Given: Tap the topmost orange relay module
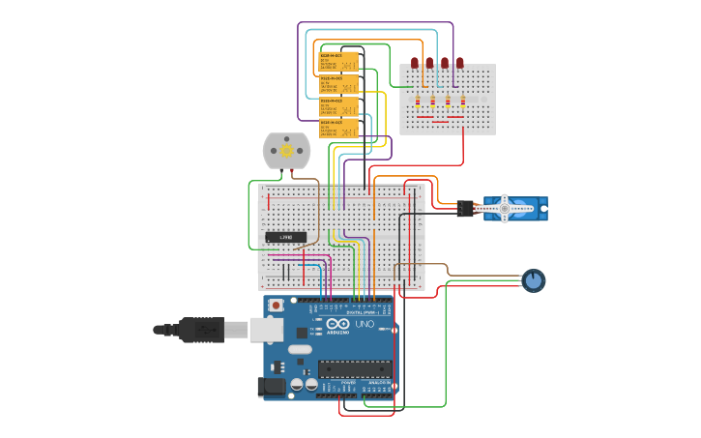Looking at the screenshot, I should (338, 63).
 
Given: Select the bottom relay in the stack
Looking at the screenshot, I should (338, 128).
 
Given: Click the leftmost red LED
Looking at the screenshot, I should (415, 63).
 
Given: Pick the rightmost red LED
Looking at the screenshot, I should (460, 63).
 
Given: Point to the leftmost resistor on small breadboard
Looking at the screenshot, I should (418, 100).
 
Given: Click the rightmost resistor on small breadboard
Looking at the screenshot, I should (462, 100).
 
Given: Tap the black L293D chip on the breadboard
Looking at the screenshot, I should (286, 237).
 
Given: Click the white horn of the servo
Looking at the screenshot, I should (505, 208).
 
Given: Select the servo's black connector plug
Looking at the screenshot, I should (465, 208).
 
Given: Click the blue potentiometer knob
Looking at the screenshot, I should (533, 281).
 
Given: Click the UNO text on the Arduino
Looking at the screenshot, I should (365, 324).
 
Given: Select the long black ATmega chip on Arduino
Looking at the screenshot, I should (355, 368).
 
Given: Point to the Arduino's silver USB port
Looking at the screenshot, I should (266, 330).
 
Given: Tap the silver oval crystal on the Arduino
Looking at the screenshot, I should (300, 349).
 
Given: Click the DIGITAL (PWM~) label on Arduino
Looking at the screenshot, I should (362, 312).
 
